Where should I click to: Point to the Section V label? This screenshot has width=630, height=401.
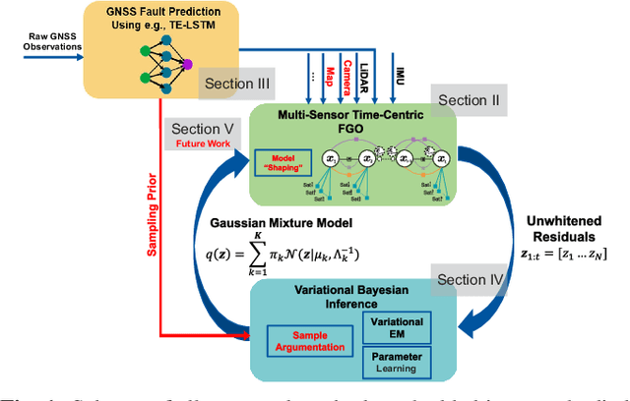pos(201,129)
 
